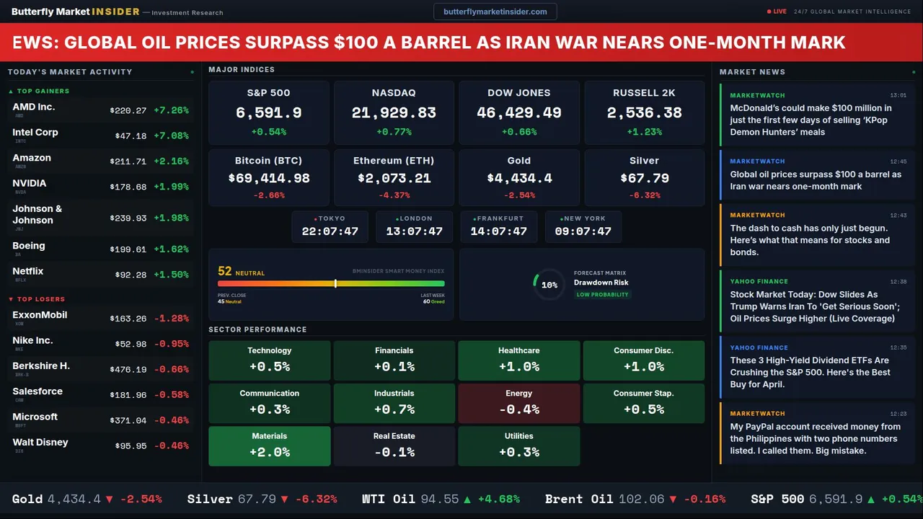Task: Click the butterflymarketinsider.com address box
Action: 495,12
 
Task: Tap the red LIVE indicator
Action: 777,12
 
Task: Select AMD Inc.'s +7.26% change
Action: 171,110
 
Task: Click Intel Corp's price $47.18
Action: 131,136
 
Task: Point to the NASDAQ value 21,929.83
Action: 394,113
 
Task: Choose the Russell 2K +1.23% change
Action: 644,132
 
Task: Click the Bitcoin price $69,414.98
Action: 269,178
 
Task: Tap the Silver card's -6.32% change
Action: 644,195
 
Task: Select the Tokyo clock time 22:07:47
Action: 330,231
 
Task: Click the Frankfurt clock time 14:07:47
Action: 498,231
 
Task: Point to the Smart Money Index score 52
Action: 225,271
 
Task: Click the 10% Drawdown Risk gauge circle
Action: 549,285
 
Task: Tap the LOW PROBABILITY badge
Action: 602,295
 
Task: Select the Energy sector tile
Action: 518,403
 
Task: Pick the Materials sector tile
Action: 269,445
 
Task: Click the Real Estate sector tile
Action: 394,445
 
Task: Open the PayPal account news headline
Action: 815,438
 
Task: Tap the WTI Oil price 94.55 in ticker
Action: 439,499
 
